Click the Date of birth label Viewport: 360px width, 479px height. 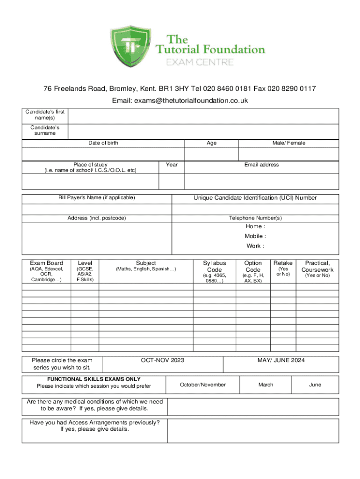point(103,143)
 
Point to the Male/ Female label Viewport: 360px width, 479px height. point(289,143)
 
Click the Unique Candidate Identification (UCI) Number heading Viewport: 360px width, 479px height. point(255,198)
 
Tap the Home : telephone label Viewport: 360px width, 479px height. point(255,226)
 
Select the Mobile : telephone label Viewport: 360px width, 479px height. point(255,236)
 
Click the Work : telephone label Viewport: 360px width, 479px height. point(255,246)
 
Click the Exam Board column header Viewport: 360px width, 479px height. point(46,263)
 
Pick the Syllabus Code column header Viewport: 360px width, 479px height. point(215,266)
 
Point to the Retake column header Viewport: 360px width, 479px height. point(283,263)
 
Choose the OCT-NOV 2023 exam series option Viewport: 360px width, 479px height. point(163,360)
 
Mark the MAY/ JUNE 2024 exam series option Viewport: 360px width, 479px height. point(281,360)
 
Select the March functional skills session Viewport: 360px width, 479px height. point(266,385)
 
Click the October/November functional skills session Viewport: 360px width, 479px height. point(203,385)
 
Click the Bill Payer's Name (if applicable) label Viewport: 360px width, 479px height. point(97,198)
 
